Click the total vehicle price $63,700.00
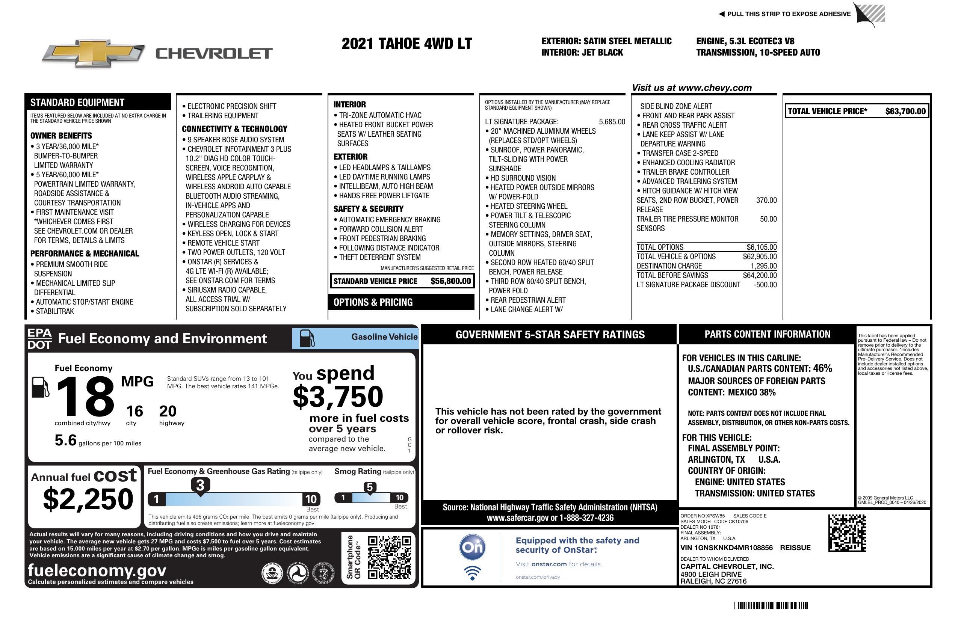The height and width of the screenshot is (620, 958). (x=905, y=112)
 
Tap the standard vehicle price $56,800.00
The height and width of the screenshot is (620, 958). (x=450, y=281)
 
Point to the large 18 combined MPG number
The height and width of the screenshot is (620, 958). (x=85, y=397)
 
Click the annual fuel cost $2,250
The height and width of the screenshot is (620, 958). (x=88, y=499)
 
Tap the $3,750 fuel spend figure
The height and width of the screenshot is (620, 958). (x=338, y=397)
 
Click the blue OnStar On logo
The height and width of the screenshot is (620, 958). (x=472, y=547)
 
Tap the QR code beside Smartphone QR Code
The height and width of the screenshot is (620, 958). (x=389, y=557)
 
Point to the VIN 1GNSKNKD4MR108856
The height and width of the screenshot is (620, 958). (x=726, y=548)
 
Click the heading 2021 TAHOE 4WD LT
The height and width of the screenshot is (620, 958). (x=406, y=44)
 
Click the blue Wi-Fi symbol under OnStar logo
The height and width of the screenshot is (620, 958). (x=472, y=573)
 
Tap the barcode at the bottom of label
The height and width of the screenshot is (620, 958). (x=771, y=605)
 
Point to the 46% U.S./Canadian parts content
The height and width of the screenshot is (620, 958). (x=822, y=368)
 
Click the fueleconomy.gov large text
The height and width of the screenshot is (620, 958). (x=97, y=570)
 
